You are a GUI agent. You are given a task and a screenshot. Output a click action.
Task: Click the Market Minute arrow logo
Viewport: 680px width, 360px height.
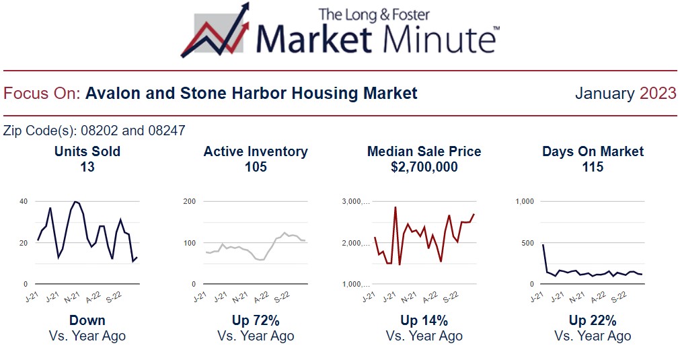pyautogui.click(x=215, y=30)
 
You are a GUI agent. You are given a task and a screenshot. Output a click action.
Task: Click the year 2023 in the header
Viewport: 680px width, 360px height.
pyautogui.click(x=658, y=94)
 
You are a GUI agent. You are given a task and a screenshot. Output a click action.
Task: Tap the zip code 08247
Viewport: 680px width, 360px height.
pyautogui.click(x=167, y=130)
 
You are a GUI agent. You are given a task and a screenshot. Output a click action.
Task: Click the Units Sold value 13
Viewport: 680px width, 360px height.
pyautogui.click(x=87, y=167)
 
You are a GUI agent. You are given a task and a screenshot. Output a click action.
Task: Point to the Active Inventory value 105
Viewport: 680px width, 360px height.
pyautogui.click(x=256, y=167)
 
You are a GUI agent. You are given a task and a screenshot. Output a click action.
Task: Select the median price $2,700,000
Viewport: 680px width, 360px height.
pyautogui.click(x=424, y=167)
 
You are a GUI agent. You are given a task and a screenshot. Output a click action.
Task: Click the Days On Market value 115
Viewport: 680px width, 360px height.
pyautogui.click(x=593, y=167)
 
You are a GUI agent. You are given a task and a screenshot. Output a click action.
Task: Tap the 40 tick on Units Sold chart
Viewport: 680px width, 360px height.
pyautogui.click(x=24, y=201)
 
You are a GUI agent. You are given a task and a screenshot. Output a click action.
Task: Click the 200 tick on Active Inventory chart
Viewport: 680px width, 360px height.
pyautogui.click(x=190, y=201)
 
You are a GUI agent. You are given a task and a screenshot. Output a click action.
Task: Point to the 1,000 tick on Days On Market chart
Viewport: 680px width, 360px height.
pyautogui.click(x=525, y=201)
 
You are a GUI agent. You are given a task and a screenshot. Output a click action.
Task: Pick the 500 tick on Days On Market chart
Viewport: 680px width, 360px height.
pyautogui.click(x=528, y=243)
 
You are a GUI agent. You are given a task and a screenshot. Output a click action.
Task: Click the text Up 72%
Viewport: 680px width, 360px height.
pyautogui.click(x=256, y=320)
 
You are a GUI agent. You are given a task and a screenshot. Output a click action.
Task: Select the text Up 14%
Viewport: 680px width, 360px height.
pyautogui.click(x=424, y=320)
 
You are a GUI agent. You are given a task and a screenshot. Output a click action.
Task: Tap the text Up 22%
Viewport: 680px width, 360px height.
pyautogui.click(x=593, y=320)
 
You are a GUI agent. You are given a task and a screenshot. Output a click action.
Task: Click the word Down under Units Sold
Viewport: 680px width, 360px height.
pyautogui.click(x=87, y=320)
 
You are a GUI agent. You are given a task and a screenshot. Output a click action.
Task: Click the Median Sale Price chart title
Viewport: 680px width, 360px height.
pyautogui.click(x=424, y=151)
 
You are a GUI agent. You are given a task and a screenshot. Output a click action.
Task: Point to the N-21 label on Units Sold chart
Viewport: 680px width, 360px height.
pyautogui.click(x=71, y=297)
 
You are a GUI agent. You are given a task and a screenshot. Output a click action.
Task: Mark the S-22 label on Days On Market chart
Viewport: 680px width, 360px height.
pyautogui.click(x=619, y=297)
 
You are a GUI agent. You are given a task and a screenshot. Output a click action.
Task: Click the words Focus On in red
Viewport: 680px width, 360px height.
pyautogui.click(x=42, y=94)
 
